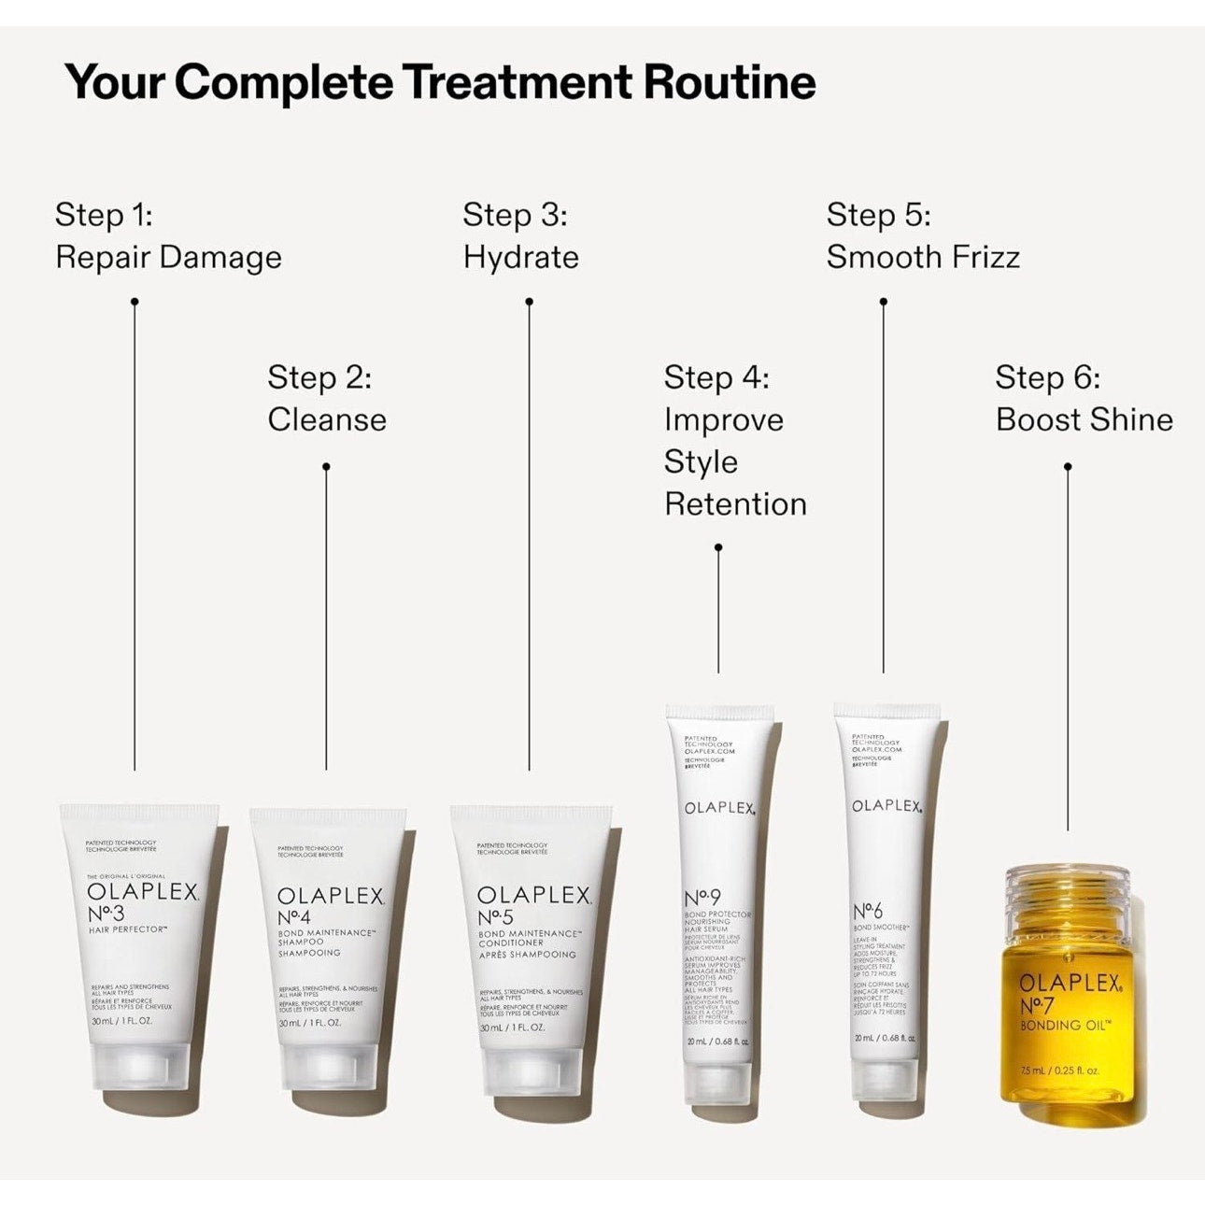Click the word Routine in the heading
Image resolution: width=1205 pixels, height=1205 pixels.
[729, 82]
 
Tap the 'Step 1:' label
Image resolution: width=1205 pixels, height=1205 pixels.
[104, 215]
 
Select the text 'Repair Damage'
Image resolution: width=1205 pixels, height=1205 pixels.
[168, 258]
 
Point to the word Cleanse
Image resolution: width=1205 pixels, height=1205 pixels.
[327, 419]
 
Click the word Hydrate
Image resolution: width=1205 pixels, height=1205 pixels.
[521, 258]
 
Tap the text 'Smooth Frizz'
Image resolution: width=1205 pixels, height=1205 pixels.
[923, 257]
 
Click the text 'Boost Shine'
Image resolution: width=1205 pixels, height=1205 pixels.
[1084, 419]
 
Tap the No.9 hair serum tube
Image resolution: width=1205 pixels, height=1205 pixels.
[717, 897]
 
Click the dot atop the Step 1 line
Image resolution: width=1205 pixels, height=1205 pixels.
[135, 301]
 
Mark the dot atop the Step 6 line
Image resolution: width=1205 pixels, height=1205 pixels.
[1068, 466]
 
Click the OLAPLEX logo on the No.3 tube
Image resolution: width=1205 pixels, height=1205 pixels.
[143, 892]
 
